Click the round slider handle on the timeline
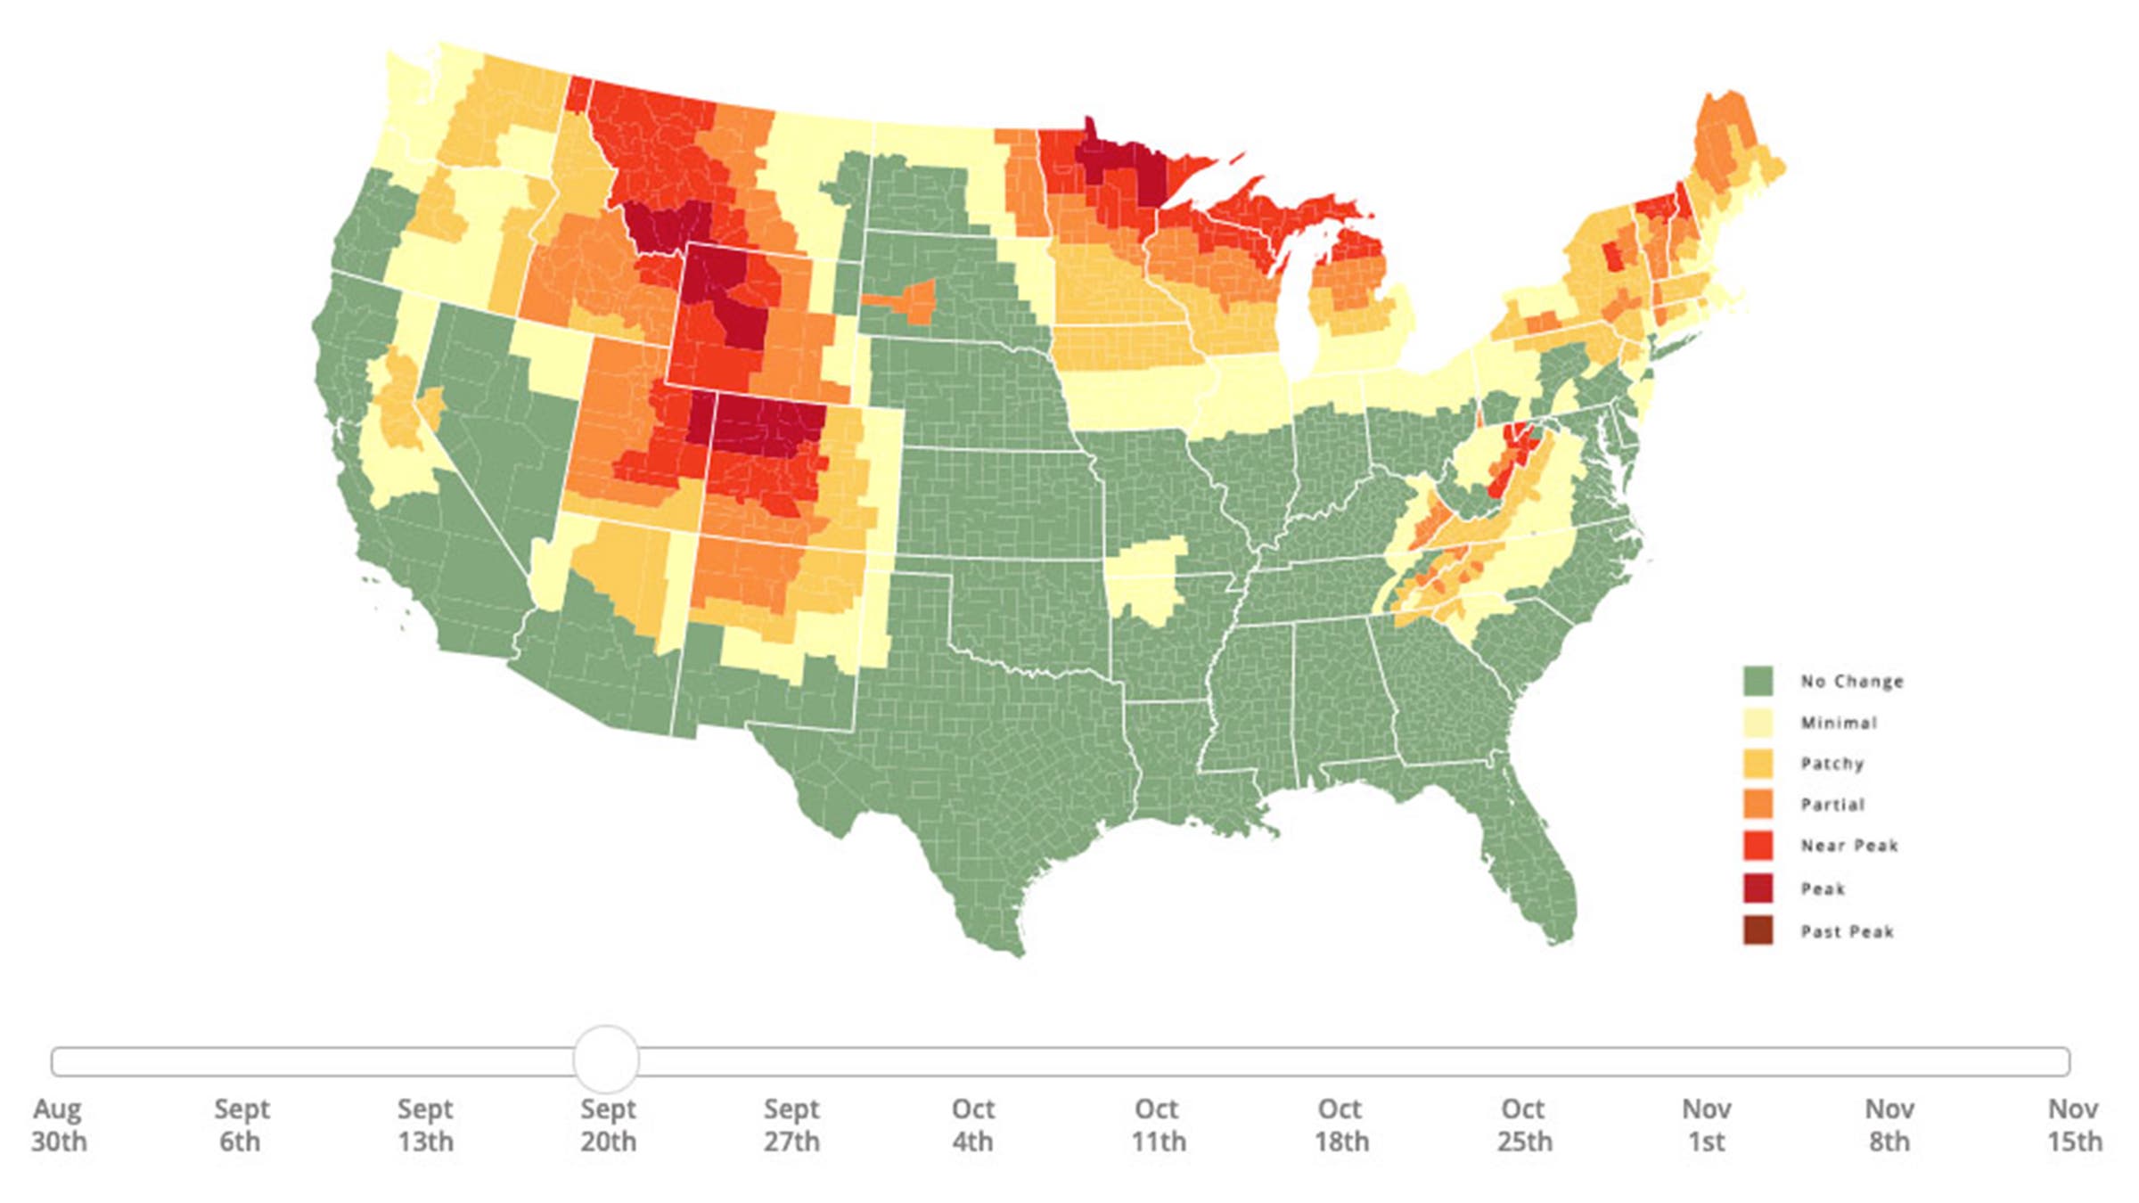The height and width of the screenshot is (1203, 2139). tap(606, 1060)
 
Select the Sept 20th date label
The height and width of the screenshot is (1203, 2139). tap(608, 1125)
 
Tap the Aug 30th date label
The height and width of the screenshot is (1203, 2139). tap(59, 1125)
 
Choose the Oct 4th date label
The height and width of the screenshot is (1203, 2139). tap(972, 1125)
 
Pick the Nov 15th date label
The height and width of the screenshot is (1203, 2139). tap(2073, 1125)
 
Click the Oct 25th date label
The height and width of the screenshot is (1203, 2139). tap(1523, 1125)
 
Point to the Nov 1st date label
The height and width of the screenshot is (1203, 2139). tap(1706, 1125)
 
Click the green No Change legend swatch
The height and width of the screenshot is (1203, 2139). tap(1758, 681)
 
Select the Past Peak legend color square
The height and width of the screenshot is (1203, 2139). tap(1758, 931)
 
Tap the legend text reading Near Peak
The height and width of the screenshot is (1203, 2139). tap(1849, 846)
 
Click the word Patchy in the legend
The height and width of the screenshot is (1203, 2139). tap(1832, 764)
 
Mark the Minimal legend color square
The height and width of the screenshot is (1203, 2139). tap(1758, 723)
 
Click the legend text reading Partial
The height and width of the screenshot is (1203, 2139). tap(1832, 805)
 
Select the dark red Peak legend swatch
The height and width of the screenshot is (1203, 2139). tap(1758, 888)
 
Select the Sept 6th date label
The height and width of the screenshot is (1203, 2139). tap(241, 1125)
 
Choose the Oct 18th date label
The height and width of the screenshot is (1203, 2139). tap(1340, 1125)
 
